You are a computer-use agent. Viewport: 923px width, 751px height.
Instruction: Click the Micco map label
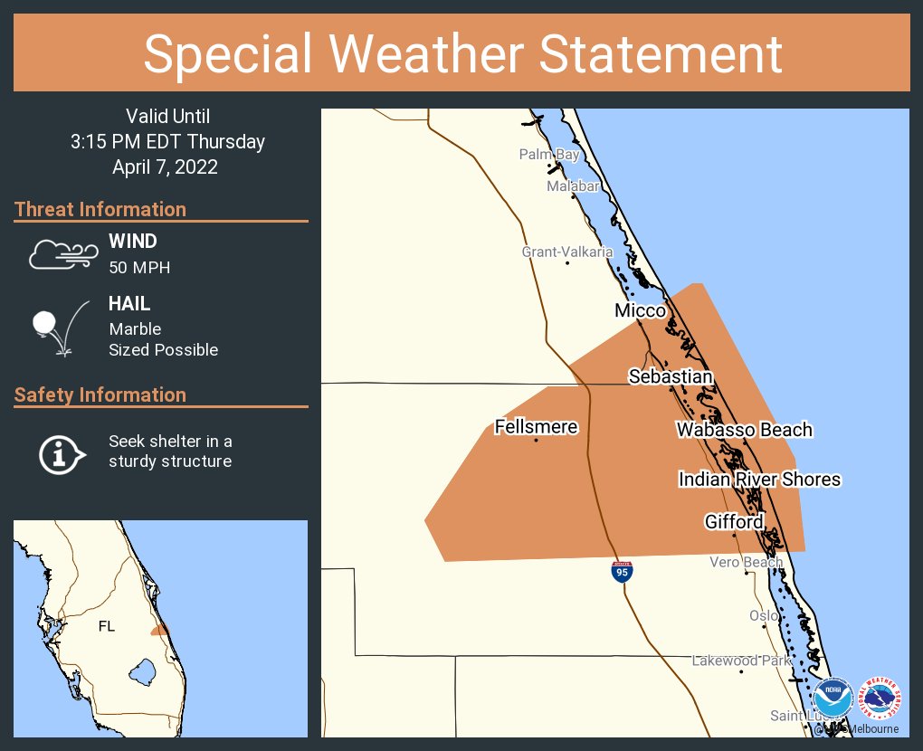point(640,310)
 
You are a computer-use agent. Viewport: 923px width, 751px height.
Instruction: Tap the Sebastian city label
point(671,376)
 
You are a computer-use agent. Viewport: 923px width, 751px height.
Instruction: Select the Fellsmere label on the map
point(536,426)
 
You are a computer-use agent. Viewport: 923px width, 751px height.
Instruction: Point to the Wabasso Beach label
point(744,430)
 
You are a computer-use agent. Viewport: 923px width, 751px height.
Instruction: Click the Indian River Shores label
point(760,479)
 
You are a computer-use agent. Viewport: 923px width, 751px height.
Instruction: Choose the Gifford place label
point(734,521)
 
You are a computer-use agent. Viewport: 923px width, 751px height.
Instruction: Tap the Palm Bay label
point(548,155)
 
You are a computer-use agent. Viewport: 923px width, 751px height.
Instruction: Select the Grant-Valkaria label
point(567,252)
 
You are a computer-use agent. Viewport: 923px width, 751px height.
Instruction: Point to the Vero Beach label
point(746,562)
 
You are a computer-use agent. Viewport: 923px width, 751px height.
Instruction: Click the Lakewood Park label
point(741,661)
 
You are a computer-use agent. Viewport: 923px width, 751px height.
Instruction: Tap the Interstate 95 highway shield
point(622,571)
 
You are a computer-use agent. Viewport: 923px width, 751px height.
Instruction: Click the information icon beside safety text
point(62,452)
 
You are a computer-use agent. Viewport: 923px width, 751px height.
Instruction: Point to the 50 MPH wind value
point(139,268)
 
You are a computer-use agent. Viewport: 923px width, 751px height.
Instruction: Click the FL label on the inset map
point(106,625)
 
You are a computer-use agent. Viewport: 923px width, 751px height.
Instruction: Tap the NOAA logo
point(833,699)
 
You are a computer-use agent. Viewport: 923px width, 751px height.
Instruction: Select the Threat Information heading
point(100,209)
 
